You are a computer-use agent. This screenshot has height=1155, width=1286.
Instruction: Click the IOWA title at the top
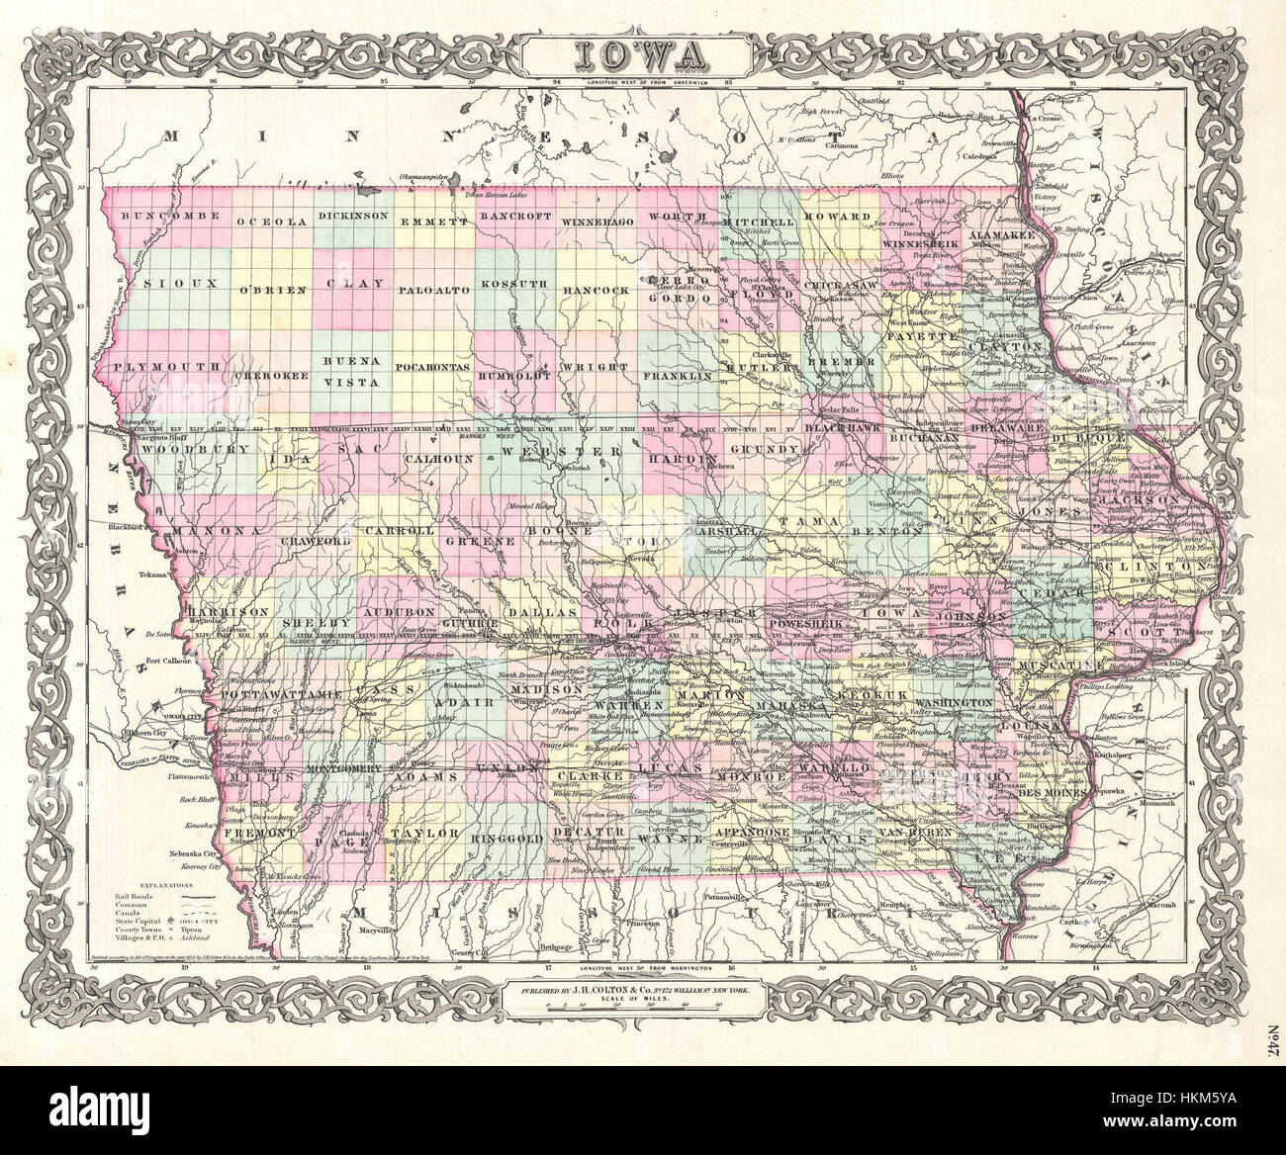click(641, 50)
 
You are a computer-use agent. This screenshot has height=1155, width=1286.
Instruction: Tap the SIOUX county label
click(170, 284)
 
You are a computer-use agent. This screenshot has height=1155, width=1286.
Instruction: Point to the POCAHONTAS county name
click(431, 367)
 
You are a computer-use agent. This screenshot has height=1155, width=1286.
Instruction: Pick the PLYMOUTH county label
click(164, 367)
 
